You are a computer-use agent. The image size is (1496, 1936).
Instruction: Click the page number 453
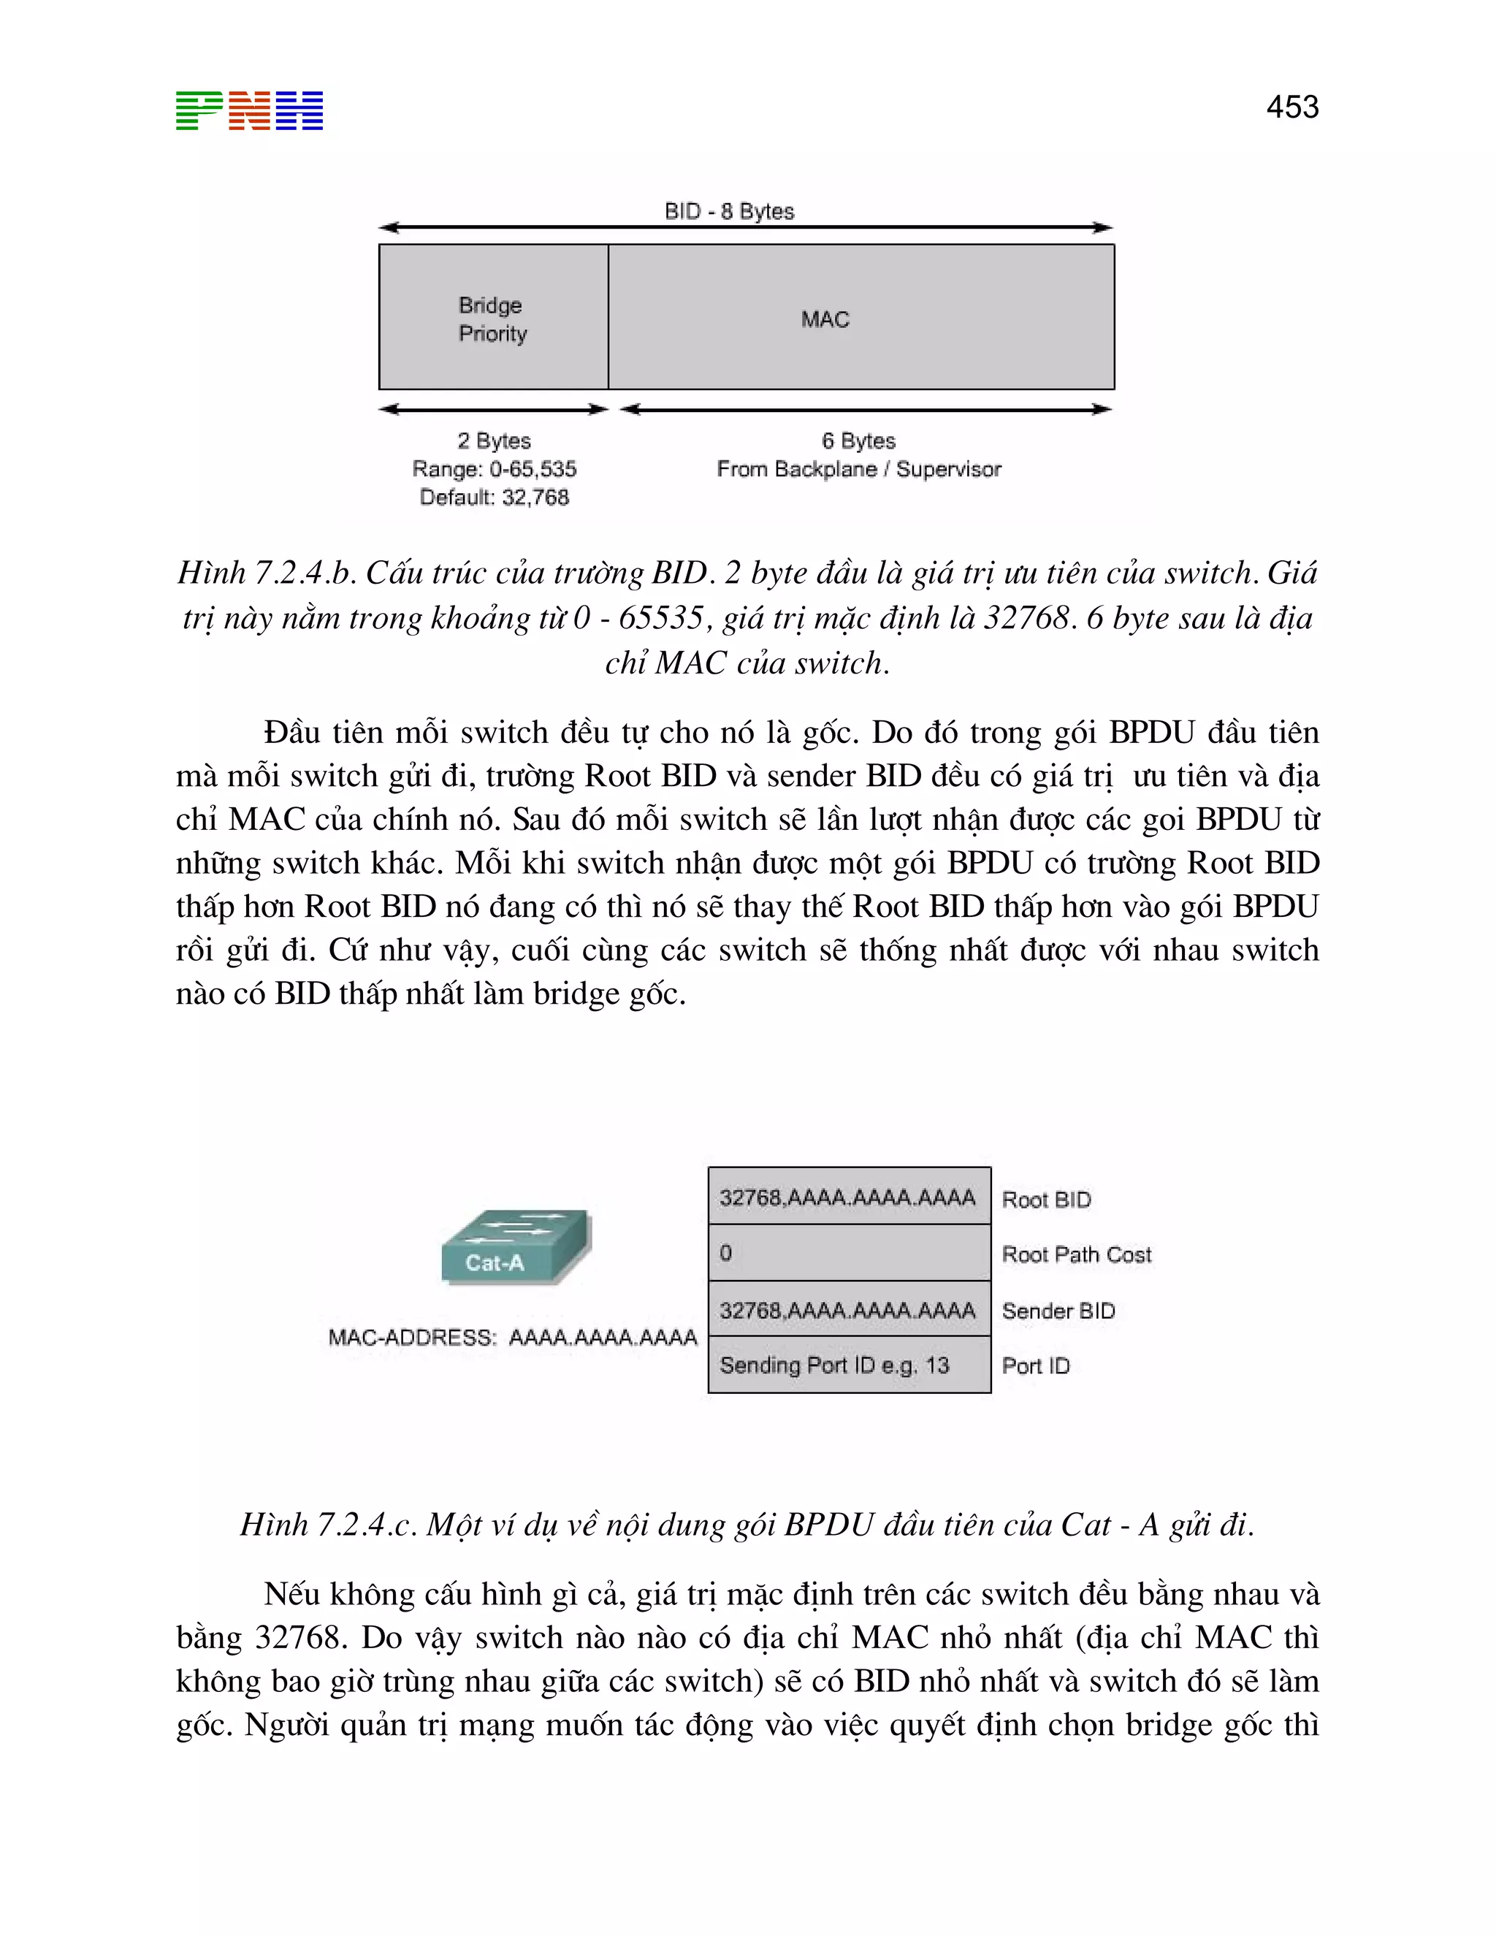tap(1291, 107)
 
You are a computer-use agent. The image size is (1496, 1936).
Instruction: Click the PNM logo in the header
tap(249, 111)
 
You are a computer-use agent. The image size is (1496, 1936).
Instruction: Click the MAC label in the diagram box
tap(824, 319)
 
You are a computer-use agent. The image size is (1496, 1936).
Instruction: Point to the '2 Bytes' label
tap(494, 441)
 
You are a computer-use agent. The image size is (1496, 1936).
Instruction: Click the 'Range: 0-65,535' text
tap(494, 469)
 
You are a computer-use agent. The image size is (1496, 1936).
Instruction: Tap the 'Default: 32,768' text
tap(494, 498)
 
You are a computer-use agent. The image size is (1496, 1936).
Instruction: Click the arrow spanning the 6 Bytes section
tap(865, 410)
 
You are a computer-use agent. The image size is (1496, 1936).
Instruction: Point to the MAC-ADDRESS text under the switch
tap(512, 1337)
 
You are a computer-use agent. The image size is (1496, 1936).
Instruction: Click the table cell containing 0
tap(848, 1252)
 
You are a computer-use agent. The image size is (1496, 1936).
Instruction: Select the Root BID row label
tap(1046, 1200)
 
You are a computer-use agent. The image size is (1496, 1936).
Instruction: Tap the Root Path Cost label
tap(1076, 1254)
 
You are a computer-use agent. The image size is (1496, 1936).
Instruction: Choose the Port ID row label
tap(1035, 1365)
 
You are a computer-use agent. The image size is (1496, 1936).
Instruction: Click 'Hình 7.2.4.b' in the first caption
tap(264, 573)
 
